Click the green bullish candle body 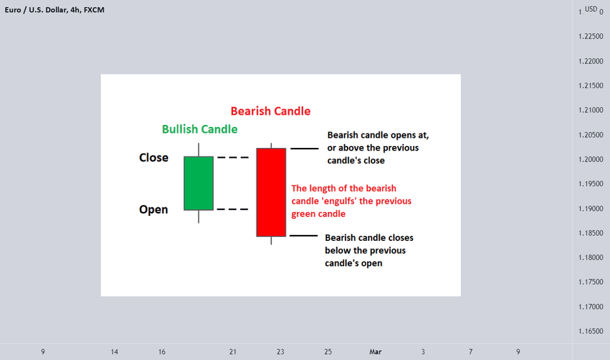198,183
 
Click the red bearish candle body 271,192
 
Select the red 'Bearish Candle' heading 270,111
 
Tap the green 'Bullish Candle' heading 200,129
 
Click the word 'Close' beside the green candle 154,158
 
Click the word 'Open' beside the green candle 153,209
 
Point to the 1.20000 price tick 590,160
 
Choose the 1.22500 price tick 590,37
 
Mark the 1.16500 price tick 590,332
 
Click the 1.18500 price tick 590,233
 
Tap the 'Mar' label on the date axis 376,352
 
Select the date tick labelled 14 114,352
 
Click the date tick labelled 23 281,352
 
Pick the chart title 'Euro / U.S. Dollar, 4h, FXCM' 54,10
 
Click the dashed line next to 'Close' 232,157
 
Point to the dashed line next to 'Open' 232,209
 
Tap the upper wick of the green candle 198,150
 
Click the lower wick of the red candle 271,240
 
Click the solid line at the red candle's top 304,149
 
